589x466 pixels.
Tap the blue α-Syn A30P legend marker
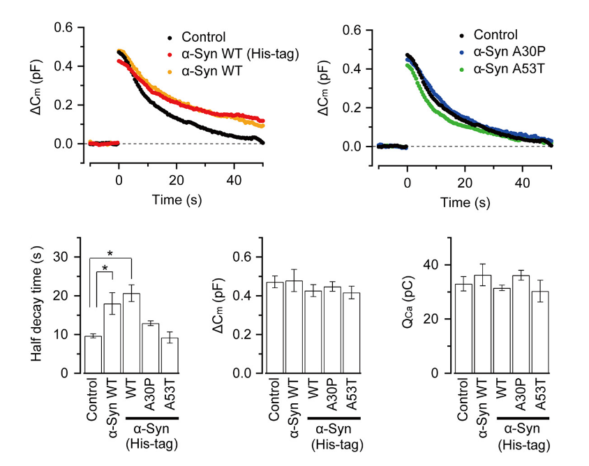[x=461, y=52]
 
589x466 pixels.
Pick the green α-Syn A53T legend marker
[x=461, y=68]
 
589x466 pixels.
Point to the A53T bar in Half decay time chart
[x=170, y=356]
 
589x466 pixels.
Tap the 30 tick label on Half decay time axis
[x=66, y=257]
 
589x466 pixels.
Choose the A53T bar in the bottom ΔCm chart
[x=352, y=333]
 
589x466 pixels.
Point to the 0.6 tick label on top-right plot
[x=352, y=31]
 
